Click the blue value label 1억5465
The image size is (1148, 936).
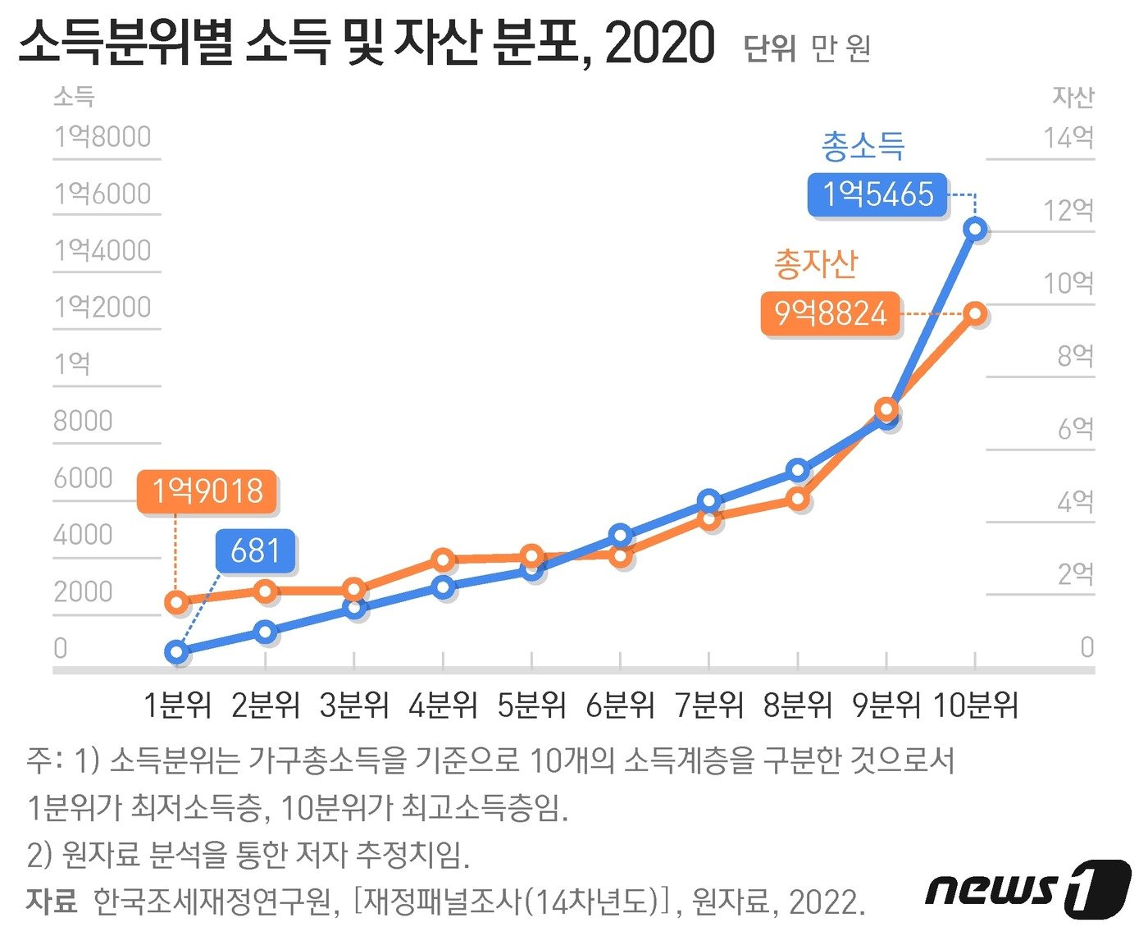(877, 195)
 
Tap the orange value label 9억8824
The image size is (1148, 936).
(830, 314)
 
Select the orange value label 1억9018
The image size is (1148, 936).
(207, 491)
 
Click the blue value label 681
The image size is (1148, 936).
(256, 550)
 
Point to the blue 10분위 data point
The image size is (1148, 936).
(975, 229)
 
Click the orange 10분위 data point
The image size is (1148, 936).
(975, 313)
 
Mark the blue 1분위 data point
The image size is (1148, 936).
(176, 652)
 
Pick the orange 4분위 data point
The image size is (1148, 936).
(443, 560)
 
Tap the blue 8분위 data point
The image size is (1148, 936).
(798, 470)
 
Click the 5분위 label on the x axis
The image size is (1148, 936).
(531, 705)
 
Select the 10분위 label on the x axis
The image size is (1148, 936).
(975, 705)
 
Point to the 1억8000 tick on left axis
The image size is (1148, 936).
(102, 137)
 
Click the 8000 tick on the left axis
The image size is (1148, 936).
(83, 421)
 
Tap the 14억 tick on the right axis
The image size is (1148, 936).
(1068, 137)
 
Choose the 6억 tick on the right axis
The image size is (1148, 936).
(1075, 428)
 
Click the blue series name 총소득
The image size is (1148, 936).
(863, 148)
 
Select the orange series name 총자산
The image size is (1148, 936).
(816, 264)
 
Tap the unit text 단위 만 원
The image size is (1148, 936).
(807, 48)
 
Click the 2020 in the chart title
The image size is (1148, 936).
(660, 43)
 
